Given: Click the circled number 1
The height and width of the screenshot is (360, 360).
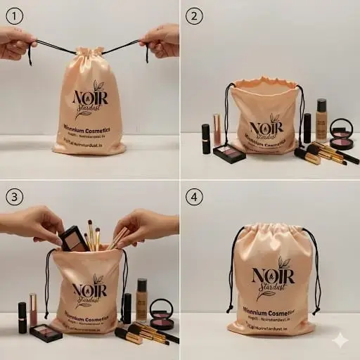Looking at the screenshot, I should coord(14,15).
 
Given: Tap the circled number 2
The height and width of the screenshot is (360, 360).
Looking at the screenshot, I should coord(194,15).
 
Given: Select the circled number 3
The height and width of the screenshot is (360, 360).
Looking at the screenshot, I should coord(14,195).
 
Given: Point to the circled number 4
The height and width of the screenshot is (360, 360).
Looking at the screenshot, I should coord(194,195).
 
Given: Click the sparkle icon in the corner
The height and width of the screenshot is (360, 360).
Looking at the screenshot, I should coord(340,340).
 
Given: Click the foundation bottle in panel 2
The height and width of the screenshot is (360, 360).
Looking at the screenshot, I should coord(321,120).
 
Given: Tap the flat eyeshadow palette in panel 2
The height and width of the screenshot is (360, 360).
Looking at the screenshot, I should coord(229,153).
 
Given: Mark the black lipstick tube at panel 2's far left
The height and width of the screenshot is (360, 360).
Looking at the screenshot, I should coord(206,139).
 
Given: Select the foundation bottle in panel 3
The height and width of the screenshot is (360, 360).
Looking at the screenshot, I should coord(142,300).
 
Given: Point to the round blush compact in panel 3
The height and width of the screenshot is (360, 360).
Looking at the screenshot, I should coord(162,315).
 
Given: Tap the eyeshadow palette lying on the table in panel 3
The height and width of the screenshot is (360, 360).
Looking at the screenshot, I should coord(46,333).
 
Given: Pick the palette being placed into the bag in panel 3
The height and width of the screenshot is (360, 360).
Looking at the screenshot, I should coord(73,239).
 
